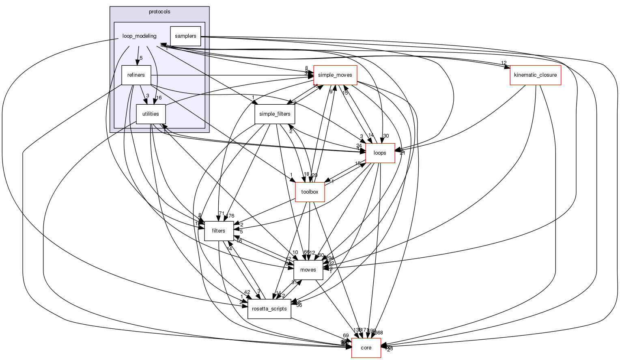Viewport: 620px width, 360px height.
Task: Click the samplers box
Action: pyautogui.click(x=185, y=36)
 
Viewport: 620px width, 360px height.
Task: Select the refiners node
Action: pyautogui.click(x=136, y=75)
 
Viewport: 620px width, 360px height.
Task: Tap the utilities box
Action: pyautogui.click(x=151, y=114)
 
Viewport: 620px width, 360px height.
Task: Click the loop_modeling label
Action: pyautogui.click(x=139, y=36)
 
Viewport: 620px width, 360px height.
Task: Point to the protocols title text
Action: pyautogui.click(x=159, y=12)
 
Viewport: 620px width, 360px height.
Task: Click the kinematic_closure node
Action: pyautogui.click(x=535, y=75)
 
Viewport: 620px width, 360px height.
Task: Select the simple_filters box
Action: pyautogui.click(x=275, y=114)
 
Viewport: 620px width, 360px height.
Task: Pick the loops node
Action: pyautogui.click(x=380, y=153)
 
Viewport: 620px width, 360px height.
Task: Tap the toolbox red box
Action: pyautogui.click(x=310, y=192)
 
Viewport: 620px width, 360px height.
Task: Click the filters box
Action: pyautogui.click(x=219, y=231)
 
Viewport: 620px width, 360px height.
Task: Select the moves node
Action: pyautogui.click(x=308, y=270)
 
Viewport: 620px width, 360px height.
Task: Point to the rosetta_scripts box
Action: pyautogui.click(x=269, y=309)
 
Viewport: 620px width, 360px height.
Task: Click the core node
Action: pyautogui.click(x=366, y=348)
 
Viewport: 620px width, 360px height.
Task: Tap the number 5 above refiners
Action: pyautogui.click(x=141, y=58)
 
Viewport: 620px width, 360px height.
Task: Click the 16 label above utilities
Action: pyautogui.click(x=159, y=97)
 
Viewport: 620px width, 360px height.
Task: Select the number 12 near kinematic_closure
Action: pyautogui.click(x=504, y=63)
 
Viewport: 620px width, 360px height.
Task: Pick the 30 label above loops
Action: pyautogui.click(x=385, y=136)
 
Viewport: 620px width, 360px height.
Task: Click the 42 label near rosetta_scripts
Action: pyautogui.click(x=247, y=292)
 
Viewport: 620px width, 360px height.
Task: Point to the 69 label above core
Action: pyautogui.click(x=346, y=336)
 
